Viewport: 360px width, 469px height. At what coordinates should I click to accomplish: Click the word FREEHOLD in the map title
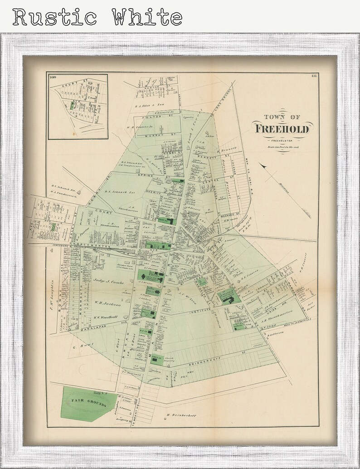(x=282, y=128)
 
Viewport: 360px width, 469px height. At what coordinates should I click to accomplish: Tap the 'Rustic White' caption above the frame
(x=97, y=17)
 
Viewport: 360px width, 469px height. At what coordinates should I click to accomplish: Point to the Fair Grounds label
(x=88, y=403)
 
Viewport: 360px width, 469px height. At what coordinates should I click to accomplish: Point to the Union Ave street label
(x=271, y=313)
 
